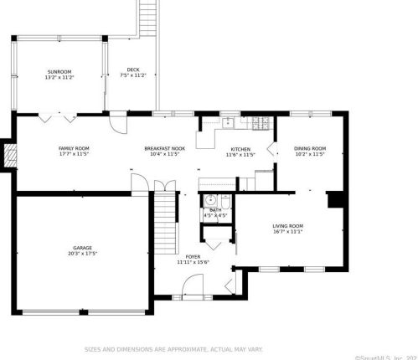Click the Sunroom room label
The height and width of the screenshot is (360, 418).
tap(59, 71)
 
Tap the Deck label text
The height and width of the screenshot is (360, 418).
tap(133, 69)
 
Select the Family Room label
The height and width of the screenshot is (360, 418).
tap(74, 148)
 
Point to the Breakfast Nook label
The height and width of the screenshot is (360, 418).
tap(164, 148)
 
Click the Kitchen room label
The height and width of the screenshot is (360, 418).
tap(240, 148)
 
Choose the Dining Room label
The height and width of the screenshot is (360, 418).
tap(310, 148)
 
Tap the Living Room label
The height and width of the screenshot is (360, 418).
tap(287, 226)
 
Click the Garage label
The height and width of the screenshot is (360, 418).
tap(81, 248)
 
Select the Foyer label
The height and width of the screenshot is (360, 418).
tap(193, 257)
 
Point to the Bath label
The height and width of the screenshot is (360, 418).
tap(216, 210)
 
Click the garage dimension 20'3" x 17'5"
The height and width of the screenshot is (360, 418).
tap(81, 254)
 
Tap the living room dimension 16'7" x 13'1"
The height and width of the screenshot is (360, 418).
tap(287, 232)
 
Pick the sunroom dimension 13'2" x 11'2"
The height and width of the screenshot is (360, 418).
tap(59, 77)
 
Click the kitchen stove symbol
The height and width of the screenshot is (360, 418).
tap(261, 124)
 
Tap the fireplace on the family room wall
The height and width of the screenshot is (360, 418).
tap(10, 155)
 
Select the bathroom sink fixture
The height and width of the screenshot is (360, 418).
tap(211, 200)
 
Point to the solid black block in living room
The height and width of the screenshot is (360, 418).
tap(334, 200)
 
